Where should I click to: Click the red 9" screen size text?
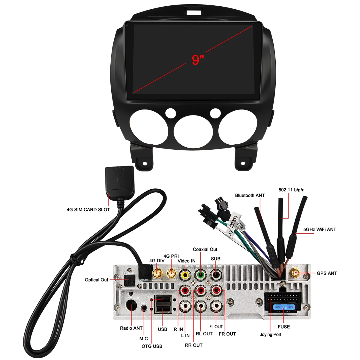[198, 60]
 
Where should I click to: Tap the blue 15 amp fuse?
[284, 307]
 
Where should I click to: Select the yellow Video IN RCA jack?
[185, 275]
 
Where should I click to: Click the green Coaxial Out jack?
[200, 274]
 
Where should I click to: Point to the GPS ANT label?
[327, 273]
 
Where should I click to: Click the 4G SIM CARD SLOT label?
[88, 210]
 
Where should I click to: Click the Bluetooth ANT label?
[250, 195]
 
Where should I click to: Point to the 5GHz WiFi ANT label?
[319, 229]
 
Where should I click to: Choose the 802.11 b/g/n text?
[291, 190]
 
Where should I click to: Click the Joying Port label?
[271, 334]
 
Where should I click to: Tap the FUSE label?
[284, 327]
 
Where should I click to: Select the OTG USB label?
[152, 346]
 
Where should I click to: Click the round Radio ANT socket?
[131, 305]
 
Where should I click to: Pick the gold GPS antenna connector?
[295, 273]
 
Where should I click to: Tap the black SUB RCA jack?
[216, 274]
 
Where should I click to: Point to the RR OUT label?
[194, 345]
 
